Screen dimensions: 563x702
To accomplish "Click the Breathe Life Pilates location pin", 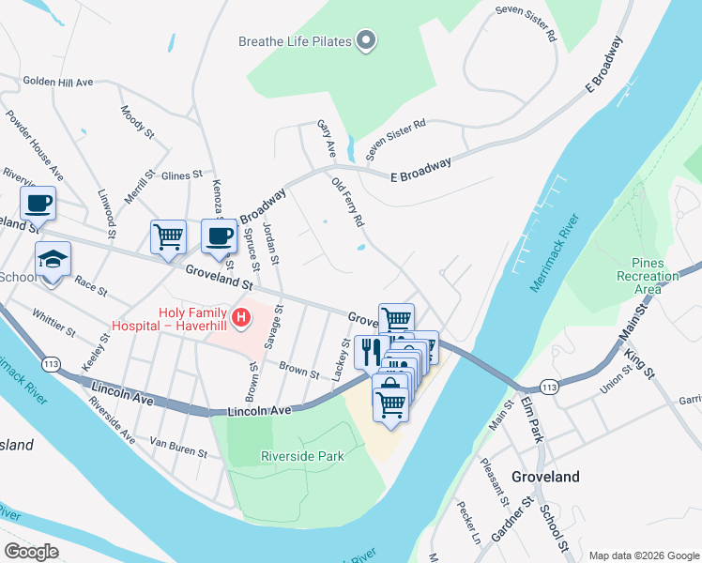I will [x=367, y=41].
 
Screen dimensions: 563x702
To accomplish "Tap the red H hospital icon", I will [x=242, y=318].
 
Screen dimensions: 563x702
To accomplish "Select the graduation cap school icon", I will [x=53, y=261].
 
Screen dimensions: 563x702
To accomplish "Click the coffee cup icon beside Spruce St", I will [x=219, y=236].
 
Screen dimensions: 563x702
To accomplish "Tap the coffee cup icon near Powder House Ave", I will [x=38, y=203].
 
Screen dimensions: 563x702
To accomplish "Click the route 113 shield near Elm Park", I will [x=549, y=387].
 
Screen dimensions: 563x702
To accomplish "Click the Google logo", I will [x=31, y=552].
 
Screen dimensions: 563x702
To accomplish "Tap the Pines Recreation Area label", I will [x=648, y=276].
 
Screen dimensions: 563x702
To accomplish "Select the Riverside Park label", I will [x=301, y=457].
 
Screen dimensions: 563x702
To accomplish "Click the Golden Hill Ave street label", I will [x=58, y=83].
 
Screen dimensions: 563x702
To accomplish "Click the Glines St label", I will [x=182, y=175].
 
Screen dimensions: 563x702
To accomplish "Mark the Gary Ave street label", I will [x=326, y=138].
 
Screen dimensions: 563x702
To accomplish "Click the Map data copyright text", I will [x=643, y=555].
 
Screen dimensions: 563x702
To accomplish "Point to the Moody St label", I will [x=137, y=122].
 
